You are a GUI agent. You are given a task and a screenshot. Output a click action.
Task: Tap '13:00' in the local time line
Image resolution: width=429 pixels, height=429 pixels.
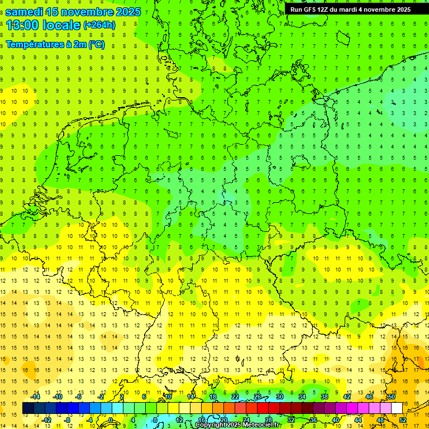point(22,25)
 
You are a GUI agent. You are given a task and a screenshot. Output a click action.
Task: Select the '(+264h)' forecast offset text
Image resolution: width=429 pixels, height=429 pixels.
point(99,25)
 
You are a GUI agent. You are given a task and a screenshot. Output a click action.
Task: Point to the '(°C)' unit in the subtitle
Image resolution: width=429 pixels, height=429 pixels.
point(96,45)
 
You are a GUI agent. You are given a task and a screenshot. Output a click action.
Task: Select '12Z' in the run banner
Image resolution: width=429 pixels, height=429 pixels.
point(326,9)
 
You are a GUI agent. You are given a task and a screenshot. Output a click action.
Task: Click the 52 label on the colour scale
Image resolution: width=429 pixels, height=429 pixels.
point(403,420)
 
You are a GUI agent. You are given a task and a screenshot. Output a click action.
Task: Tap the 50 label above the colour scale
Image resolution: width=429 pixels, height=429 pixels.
point(392,397)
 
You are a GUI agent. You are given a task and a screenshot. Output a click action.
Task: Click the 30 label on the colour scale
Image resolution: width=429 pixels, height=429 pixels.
point(280,397)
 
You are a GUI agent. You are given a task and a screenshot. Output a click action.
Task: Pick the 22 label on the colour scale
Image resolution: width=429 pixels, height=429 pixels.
point(235,397)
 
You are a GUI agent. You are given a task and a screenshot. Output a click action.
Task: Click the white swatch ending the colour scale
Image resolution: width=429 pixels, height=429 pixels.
point(397,408)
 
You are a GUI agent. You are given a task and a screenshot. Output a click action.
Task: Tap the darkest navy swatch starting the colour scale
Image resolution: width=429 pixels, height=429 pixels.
point(28,408)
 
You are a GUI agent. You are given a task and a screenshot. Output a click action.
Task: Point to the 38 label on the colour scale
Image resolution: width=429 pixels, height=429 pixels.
point(325,397)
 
